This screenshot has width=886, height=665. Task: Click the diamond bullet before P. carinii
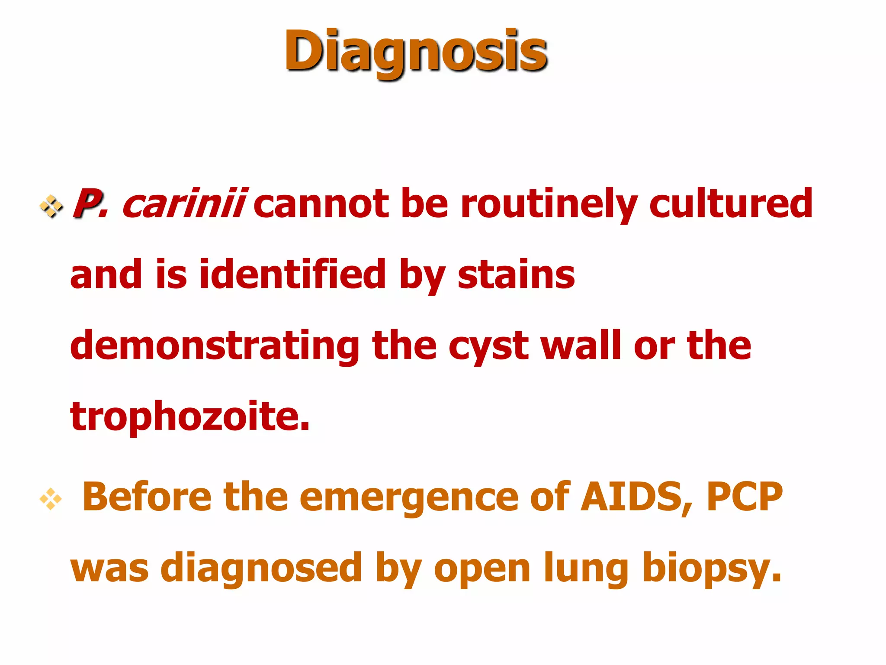point(51,206)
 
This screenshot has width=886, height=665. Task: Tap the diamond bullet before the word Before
point(51,499)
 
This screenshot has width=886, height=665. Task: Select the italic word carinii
point(184,203)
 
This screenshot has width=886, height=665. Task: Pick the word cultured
point(731,203)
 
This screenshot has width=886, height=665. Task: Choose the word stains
point(516,275)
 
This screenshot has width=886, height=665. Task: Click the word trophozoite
point(190,416)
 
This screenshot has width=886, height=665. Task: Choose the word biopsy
point(712,569)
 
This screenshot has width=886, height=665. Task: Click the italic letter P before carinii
point(87,203)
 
